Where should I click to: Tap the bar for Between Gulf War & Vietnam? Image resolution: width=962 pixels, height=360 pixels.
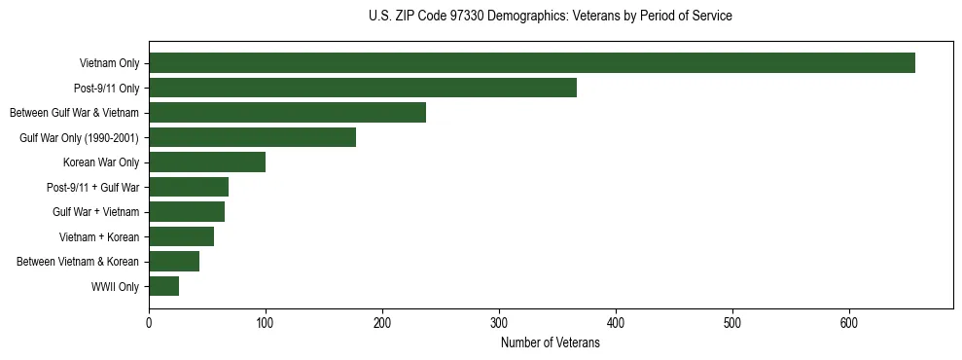click(287, 113)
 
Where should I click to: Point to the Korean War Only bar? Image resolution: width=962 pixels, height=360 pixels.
click(207, 162)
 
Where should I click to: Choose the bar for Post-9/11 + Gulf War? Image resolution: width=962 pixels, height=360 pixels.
click(189, 187)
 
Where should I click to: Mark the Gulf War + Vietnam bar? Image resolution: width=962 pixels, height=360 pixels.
click(187, 212)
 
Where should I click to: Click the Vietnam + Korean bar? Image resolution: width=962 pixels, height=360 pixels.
click(181, 236)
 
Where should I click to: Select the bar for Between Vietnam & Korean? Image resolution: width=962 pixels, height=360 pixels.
click(174, 262)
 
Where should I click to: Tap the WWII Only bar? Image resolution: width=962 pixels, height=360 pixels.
click(163, 286)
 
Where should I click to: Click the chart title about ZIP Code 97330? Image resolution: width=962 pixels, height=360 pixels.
click(551, 17)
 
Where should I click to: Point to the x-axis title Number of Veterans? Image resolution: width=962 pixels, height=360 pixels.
click(551, 343)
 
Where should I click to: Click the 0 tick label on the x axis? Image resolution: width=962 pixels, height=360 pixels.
click(149, 324)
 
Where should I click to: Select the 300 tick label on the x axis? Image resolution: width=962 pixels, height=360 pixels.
click(499, 324)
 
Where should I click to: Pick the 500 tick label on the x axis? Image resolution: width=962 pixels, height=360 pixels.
click(732, 324)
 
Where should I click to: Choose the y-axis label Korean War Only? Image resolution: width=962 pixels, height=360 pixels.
click(101, 162)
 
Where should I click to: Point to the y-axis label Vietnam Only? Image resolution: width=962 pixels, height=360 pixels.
click(109, 63)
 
